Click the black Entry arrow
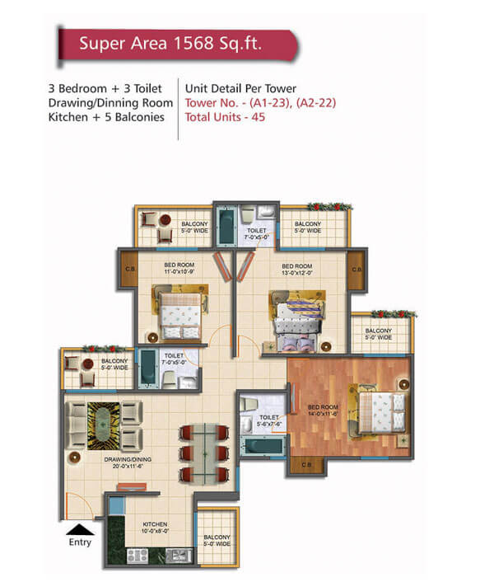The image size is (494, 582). coord(80,529)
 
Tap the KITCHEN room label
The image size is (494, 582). coord(155,528)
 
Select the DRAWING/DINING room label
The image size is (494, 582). coord(128,462)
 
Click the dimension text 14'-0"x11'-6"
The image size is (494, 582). coord(323,414)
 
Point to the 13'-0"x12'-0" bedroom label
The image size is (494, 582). coord(297,270)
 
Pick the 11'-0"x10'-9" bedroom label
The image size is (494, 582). coord(179,269)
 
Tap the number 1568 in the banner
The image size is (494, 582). coord(193,44)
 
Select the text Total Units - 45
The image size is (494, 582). coord(225,117)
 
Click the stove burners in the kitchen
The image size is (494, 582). coord(137,556)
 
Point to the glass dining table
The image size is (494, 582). coord(204,454)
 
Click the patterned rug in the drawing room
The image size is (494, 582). coord(104,426)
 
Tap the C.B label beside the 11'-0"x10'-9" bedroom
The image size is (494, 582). coord(130,269)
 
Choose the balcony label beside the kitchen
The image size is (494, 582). coord(217,541)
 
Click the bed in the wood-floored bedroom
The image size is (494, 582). coord(382,412)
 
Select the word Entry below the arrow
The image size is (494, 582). coord(80,542)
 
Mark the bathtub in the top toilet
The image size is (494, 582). coord(226,226)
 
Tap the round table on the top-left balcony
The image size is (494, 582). coord(165,220)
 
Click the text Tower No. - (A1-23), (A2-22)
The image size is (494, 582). coord(260,103)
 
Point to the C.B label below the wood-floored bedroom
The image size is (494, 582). coord(306,465)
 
